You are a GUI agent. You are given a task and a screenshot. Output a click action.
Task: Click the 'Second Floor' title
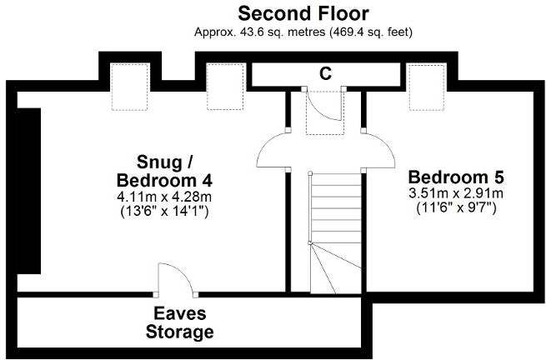point(303,13)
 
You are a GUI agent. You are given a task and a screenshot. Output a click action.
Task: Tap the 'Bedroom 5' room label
point(456,177)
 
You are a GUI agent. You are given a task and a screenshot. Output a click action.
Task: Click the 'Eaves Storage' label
point(179,323)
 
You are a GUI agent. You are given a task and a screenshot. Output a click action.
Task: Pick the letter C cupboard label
point(326,73)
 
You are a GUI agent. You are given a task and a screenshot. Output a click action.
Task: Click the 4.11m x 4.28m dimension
point(164,197)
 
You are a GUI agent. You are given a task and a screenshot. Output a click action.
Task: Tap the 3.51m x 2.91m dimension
point(456,193)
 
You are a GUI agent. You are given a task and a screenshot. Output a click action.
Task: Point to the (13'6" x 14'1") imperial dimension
point(164,212)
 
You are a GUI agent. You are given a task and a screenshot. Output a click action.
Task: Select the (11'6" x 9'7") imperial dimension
point(456,208)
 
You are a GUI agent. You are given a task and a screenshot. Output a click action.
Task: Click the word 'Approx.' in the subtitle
point(215,32)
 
